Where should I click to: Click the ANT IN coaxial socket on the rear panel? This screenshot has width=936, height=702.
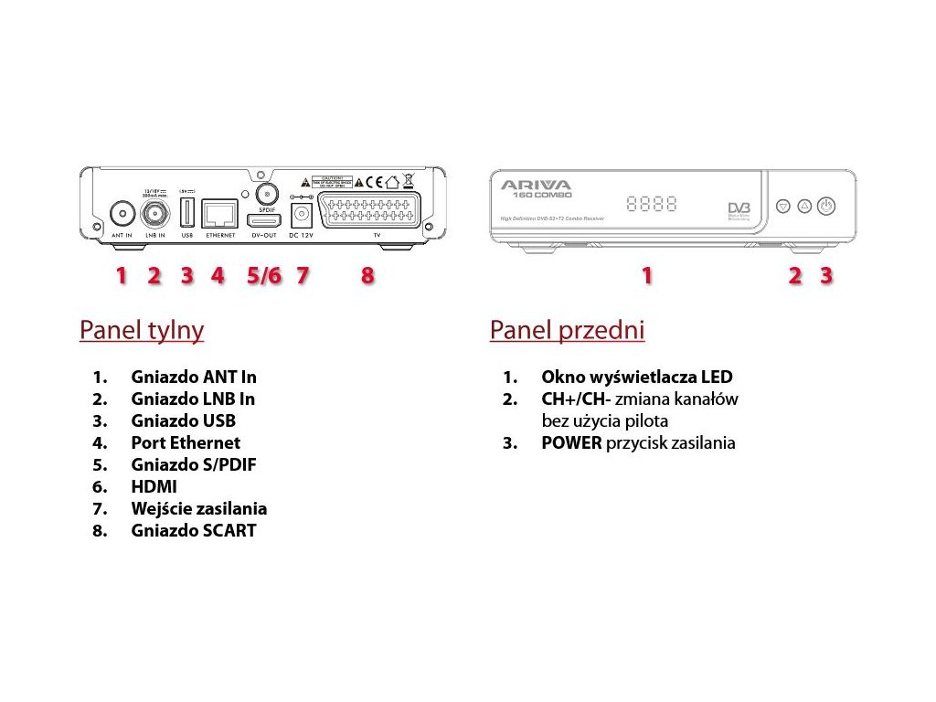click(121, 215)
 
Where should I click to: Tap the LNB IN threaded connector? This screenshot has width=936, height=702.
click(154, 215)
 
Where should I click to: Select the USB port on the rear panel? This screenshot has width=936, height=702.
click(186, 215)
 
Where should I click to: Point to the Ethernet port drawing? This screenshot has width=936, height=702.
click(219, 214)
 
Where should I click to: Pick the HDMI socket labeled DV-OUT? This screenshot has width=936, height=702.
click(263, 219)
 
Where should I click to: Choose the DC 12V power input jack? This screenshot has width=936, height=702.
click(301, 217)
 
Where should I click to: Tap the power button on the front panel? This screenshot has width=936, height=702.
click(825, 207)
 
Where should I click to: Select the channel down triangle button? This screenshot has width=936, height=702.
click(783, 207)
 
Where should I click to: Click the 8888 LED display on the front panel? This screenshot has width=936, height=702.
click(652, 204)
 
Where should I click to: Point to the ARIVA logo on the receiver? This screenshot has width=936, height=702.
click(536, 185)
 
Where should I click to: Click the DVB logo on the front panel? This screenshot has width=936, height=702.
click(739, 211)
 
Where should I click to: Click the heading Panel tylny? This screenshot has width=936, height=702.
click(142, 330)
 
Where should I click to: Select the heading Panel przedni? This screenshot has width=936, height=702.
click(567, 330)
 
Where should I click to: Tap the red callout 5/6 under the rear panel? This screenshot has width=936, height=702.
click(264, 275)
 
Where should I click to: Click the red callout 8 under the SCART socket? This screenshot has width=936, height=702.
click(367, 275)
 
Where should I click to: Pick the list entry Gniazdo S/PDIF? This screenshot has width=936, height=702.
click(193, 464)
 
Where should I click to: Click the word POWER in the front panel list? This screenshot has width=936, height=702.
click(571, 443)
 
